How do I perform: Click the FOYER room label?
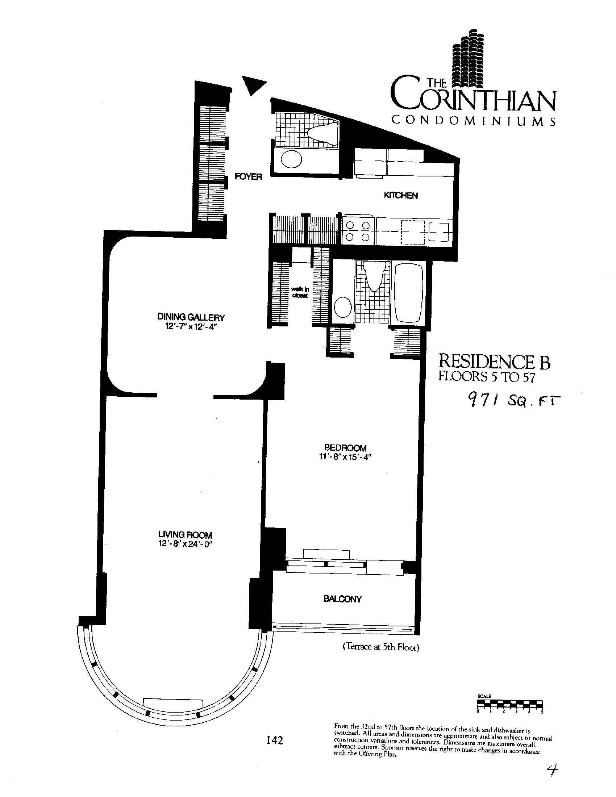click(248, 177)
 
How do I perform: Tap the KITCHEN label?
click(401, 196)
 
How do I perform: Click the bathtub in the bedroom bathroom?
click(409, 293)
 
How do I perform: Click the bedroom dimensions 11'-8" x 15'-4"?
click(345, 456)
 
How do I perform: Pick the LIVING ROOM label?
click(185, 535)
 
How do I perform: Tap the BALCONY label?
click(342, 599)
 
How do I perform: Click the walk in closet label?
click(300, 292)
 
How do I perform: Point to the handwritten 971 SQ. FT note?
click(513, 402)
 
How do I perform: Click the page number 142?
click(275, 740)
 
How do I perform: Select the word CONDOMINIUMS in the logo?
click(473, 121)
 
